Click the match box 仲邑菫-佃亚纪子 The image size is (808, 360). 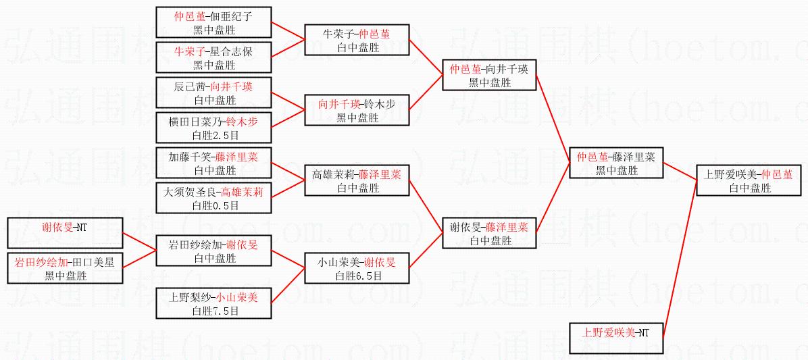[213, 22]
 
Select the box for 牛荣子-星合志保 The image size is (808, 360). [213, 57]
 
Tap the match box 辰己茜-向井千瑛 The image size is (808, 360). [213, 93]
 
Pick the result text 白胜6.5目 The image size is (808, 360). [358, 276]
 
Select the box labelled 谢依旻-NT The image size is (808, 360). [65, 233]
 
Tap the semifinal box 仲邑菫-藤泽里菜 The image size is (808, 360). [616, 163]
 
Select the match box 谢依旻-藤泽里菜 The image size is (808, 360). [488, 233]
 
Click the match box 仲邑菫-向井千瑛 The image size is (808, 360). [488, 75]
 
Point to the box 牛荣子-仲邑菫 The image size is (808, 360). [357, 40]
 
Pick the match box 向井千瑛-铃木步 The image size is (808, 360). [357, 110]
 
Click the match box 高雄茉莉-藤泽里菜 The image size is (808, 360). [357, 180]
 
